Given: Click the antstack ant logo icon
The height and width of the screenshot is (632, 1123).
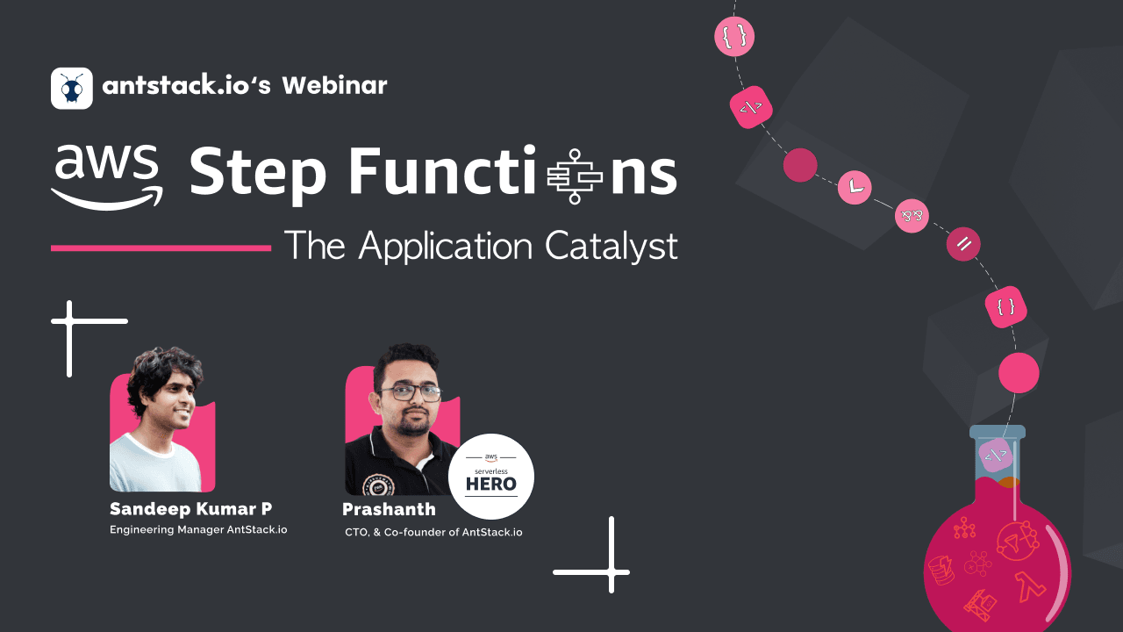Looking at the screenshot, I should [72, 88].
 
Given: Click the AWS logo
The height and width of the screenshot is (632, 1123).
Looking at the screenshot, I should [106, 176].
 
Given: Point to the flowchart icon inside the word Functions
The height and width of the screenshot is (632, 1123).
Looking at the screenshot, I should [575, 176].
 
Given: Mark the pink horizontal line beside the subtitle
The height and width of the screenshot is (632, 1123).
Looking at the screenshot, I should [161, 248].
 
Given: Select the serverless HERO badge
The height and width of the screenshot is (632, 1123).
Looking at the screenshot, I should [491, 477].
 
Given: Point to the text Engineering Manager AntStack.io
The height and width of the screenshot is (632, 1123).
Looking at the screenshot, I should [198, 529].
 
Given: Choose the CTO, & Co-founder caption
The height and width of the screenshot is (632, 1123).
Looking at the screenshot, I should [433, 532].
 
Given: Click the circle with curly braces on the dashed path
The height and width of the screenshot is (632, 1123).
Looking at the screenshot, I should [734, 36].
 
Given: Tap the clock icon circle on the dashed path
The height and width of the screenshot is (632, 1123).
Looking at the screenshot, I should [855, 187].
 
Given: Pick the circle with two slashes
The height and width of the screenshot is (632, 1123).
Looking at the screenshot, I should [963, 244].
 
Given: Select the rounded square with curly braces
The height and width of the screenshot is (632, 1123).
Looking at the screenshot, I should [1005, 307].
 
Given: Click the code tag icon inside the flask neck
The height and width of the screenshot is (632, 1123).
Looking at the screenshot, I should [996, 455].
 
